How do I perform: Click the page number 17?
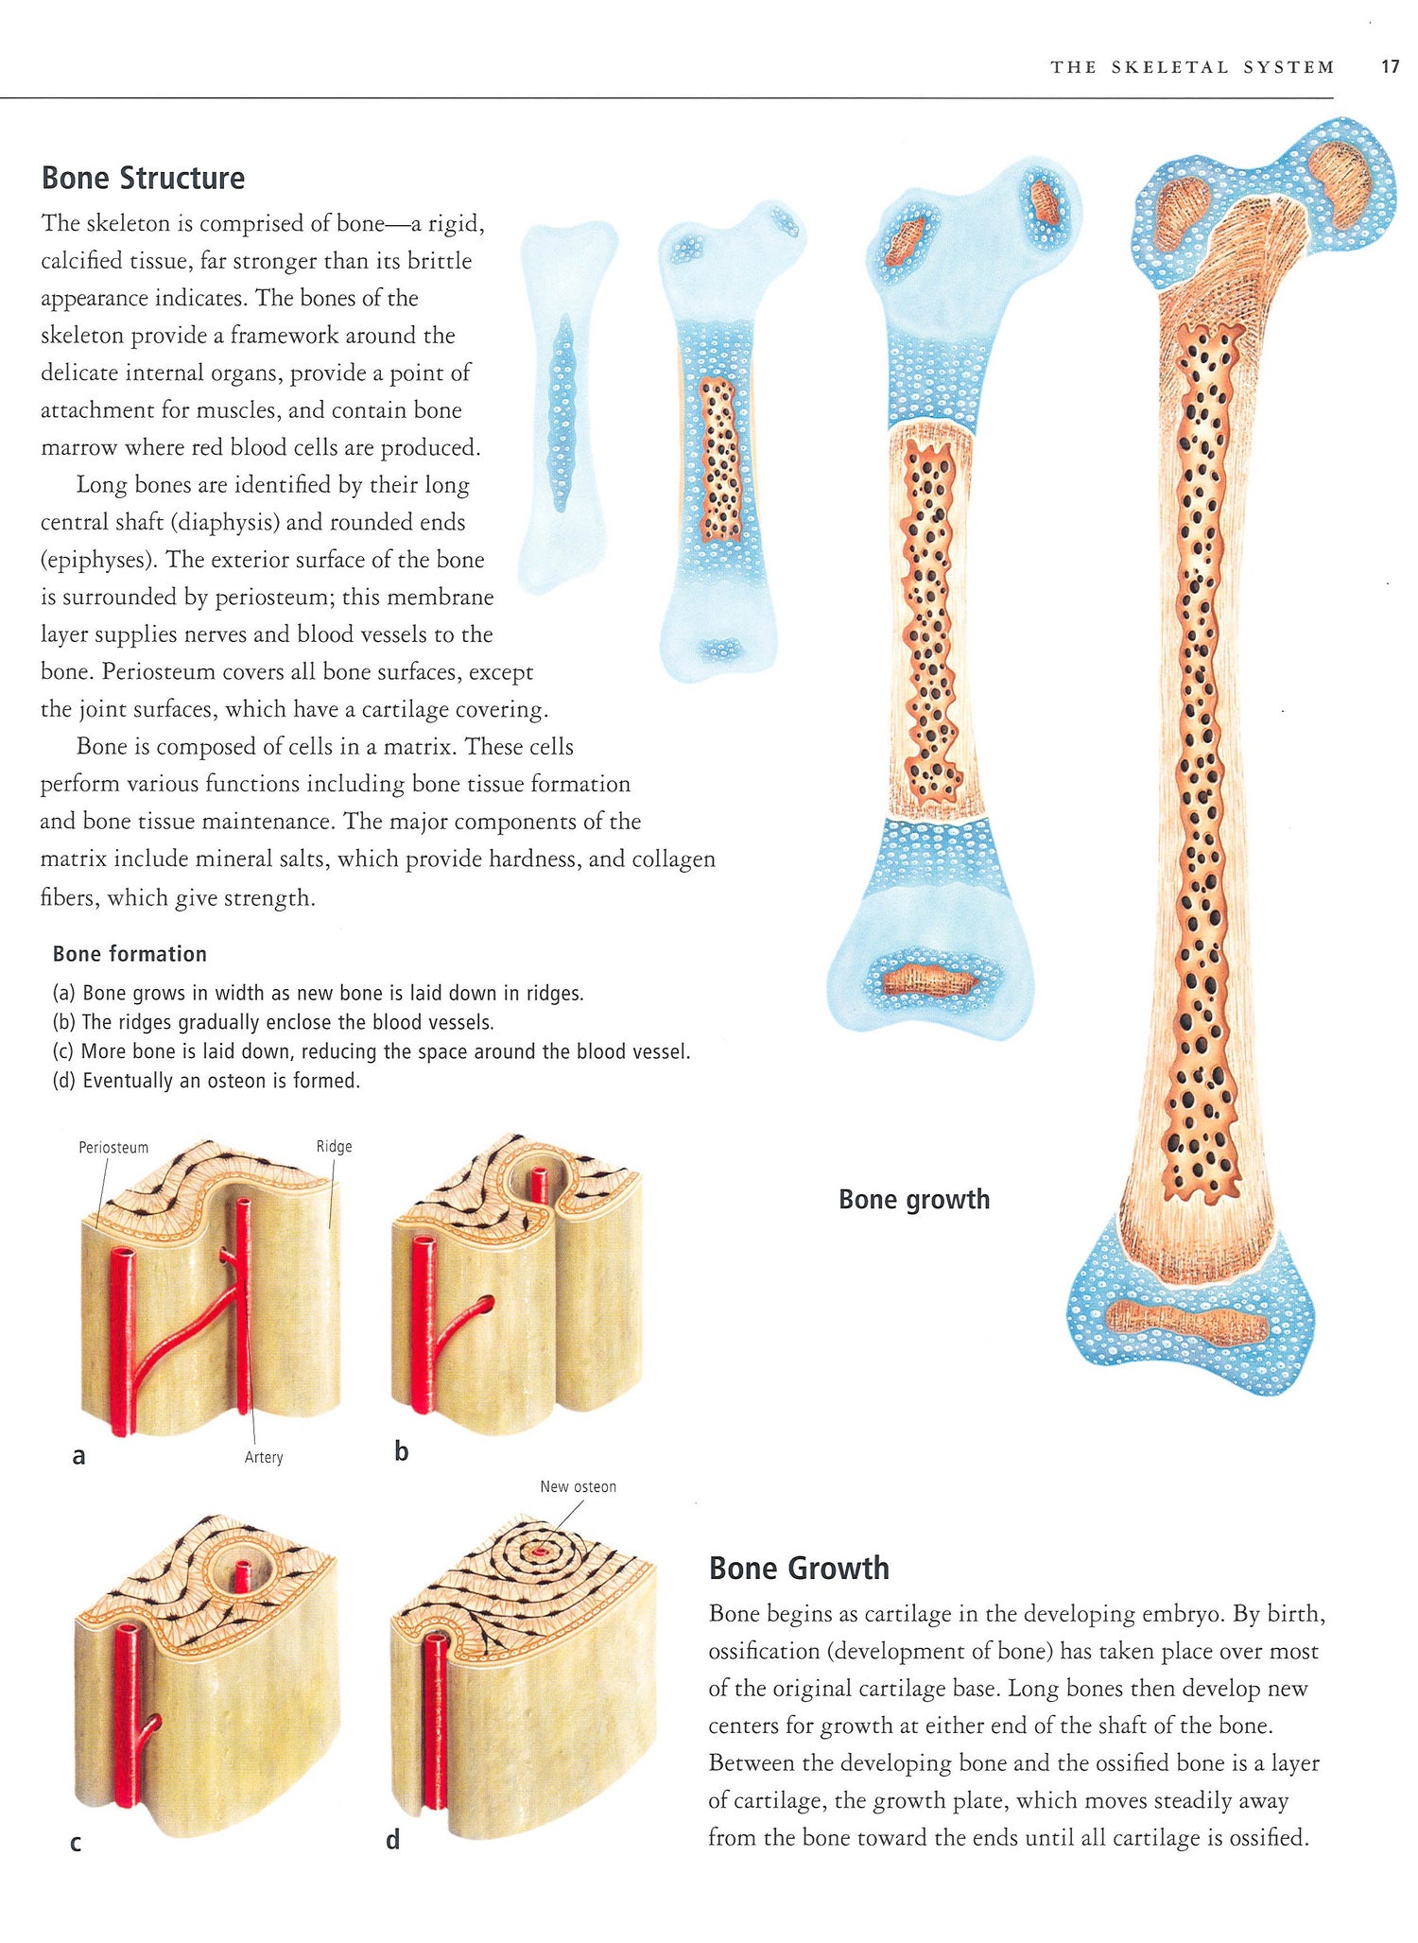(1389, 67)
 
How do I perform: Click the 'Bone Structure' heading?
(143, 178)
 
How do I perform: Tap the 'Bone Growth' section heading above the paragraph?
(799, 1568)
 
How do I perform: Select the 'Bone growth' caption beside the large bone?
(913, 1199)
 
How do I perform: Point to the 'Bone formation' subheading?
(130, 954)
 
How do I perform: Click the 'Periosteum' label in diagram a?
(113, 1148)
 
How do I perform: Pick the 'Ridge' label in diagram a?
(334, 1147)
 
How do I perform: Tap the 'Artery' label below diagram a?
(264, 1457)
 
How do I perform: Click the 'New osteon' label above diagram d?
(578, 1486)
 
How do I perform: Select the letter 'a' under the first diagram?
(78, 1456)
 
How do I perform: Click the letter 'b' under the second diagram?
(401, 1452)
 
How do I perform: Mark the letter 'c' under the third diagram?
(76, 1843)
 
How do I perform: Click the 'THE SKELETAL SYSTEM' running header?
(1192, 67)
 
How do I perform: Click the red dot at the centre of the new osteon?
(540, 1553)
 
